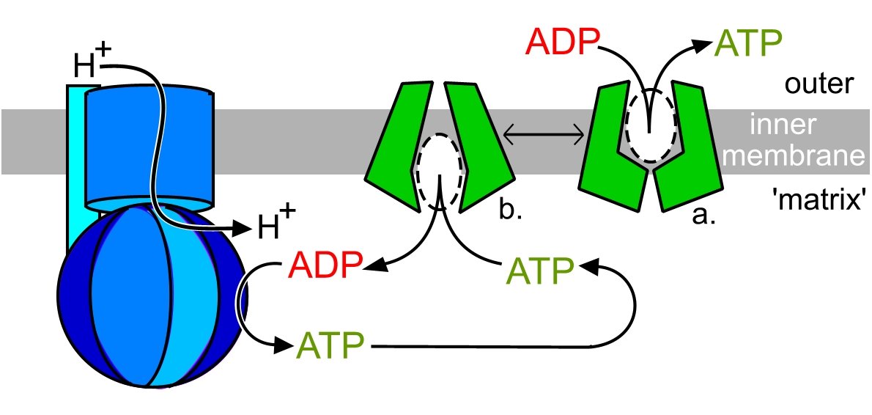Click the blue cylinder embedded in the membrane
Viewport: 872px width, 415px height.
click(149, 147)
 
